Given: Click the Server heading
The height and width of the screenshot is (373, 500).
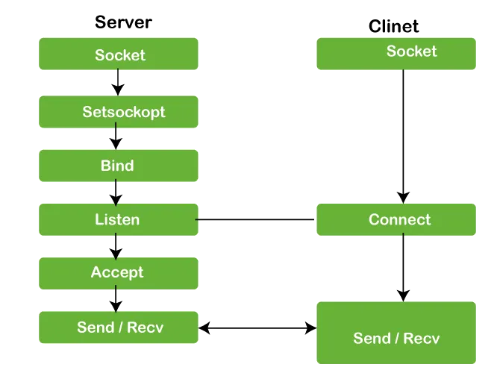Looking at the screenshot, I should tap(123, 22).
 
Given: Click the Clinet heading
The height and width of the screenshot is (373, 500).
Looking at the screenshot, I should tap(394, 26).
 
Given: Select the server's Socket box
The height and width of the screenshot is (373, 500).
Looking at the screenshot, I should tap(119, 54).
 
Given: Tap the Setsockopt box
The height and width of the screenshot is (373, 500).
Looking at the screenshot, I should tap(119, 112).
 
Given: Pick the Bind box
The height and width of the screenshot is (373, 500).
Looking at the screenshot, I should tap(119, 166).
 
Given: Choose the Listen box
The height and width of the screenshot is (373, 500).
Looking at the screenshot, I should tap(118, 219).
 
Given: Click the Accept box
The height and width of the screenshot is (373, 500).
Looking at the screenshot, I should tap(118, 272).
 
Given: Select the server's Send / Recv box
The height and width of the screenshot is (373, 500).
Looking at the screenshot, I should tap(119, 327).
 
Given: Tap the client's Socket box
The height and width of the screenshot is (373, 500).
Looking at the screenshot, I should tap(396, 53).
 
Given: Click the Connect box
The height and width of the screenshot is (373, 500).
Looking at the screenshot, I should tap(396, 219).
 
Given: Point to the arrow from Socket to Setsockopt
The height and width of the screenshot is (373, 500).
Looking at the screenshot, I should tap(116, 82).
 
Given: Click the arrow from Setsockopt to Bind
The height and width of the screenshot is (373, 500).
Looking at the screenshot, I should tap(116, 138).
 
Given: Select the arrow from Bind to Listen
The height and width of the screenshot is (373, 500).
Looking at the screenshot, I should tap(116, 192).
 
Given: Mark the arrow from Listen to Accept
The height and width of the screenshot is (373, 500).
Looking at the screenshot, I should tap(116, 245).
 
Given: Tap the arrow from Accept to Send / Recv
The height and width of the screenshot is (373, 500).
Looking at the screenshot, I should tap(116, 300).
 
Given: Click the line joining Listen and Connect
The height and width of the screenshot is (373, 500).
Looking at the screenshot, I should tap(257, 219).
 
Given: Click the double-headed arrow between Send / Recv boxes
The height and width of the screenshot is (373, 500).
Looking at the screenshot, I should tap(257, 327).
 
